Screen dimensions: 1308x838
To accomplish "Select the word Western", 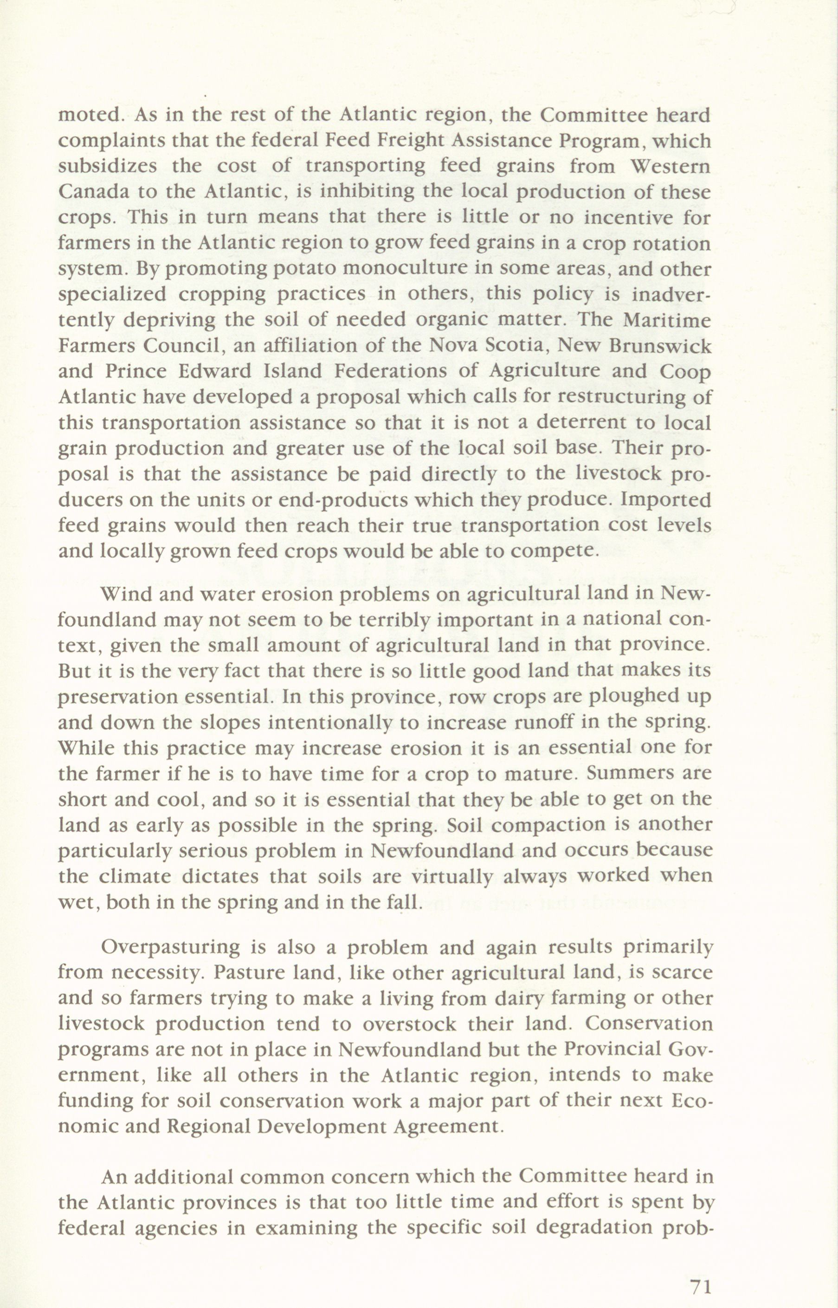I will [x=670, y=166].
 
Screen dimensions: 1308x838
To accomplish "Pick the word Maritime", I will [x=667, y=319].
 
